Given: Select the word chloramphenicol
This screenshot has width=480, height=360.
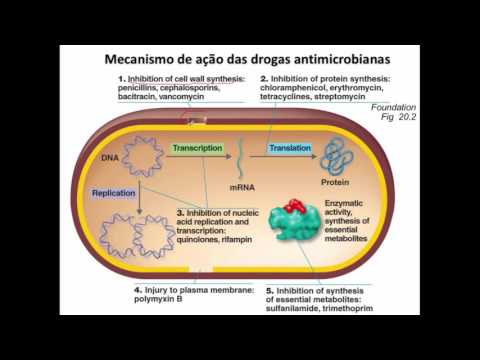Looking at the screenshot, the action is click(298, 88).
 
